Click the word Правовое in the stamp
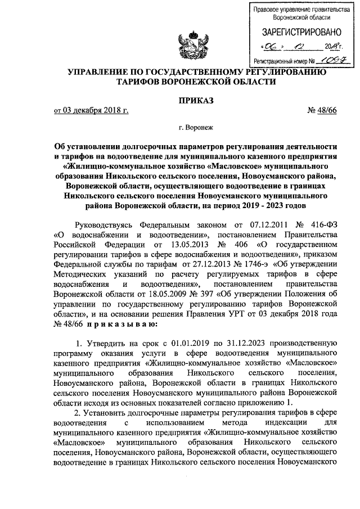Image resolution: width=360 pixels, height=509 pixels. [268, 10]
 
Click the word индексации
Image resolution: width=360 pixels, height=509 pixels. [270, 424]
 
